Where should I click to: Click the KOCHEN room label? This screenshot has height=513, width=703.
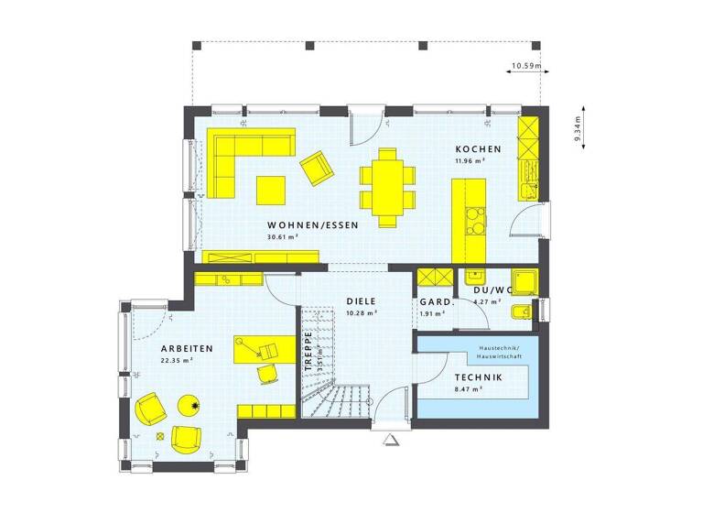(478, 149)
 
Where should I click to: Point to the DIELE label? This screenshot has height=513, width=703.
(361, 300)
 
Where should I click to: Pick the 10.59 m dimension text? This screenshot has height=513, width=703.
(525, 66)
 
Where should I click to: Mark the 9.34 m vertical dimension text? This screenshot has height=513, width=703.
(578, 131)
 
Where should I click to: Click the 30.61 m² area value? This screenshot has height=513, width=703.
(283, 236)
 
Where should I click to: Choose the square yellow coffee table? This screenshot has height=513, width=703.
(272, 190)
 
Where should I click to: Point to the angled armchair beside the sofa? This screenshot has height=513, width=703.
(317, 168)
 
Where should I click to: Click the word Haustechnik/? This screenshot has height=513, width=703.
(498, 348)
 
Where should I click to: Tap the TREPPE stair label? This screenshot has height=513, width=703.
(308, 352)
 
